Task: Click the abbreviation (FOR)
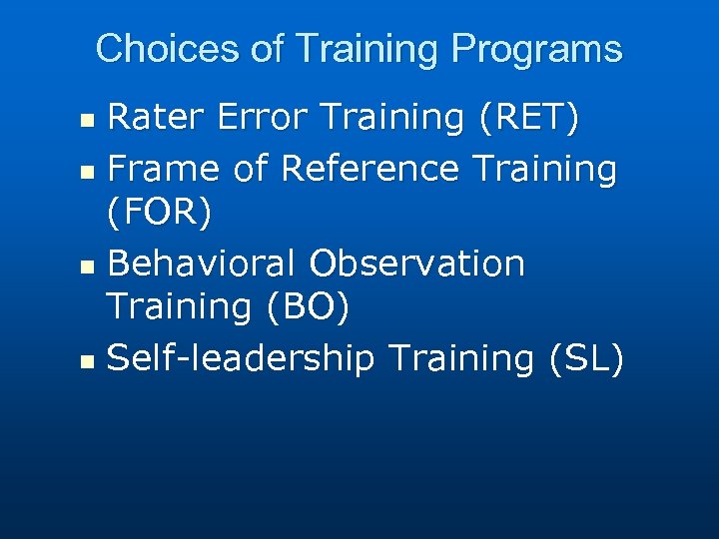(x=159, y=214)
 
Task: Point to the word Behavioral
(x=201, y=264)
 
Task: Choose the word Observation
(x=416, y=264)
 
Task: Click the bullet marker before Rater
(x=87, y=121)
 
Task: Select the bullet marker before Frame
(x=87, y=171)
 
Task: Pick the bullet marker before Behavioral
(x=87, y=267)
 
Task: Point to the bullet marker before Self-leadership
(x=87, y=360)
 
